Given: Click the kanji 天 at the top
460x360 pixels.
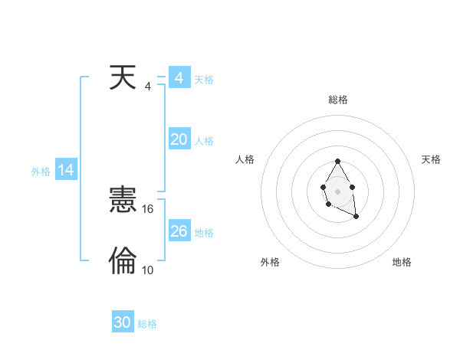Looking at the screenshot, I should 123,78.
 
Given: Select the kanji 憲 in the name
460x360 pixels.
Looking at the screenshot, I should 123,201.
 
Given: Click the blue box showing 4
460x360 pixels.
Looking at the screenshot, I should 179,78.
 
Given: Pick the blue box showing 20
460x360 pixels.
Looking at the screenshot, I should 179,139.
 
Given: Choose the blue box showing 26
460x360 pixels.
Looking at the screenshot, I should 179,231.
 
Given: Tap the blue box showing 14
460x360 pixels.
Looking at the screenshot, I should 66,171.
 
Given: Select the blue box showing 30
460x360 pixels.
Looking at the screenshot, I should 123,323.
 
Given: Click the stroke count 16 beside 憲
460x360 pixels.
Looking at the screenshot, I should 149,209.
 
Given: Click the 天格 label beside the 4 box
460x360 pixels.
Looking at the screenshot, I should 204,80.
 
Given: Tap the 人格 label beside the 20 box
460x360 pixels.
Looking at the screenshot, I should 204,141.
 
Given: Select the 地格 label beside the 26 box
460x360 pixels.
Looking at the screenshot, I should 204,233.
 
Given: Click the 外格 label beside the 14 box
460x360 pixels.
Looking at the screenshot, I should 41,172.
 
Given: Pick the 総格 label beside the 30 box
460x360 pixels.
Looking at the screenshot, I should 147,325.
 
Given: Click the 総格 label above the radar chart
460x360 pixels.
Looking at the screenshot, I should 338,100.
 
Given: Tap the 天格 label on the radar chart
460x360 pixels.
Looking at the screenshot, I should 431,159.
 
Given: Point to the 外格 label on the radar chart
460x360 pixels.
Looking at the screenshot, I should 270,263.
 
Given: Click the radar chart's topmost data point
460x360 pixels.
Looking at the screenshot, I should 337,162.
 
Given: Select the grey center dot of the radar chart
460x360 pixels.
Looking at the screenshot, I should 337,191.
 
